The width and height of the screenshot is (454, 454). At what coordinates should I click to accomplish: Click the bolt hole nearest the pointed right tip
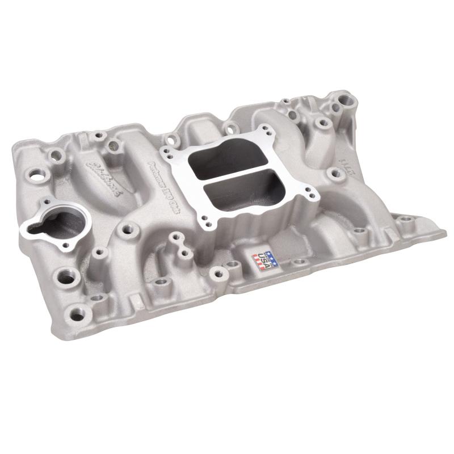(404, 219)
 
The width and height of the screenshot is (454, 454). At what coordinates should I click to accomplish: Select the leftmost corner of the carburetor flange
(163, 151)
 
